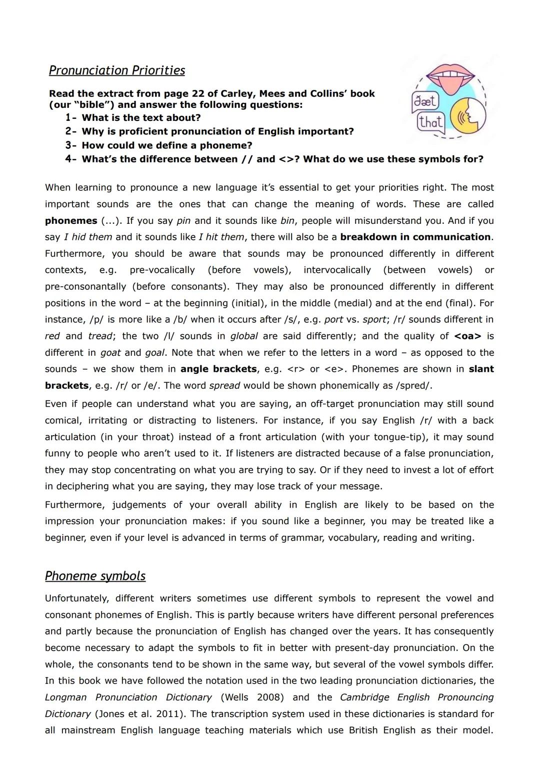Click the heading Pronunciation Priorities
point(116,70)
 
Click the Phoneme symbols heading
point(95,576)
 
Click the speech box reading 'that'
point(431,122)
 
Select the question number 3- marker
point(71,145)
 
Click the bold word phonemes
point(71,221)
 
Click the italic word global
point(244,336)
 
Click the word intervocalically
point(337,270)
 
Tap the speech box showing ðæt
point(425,102)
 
